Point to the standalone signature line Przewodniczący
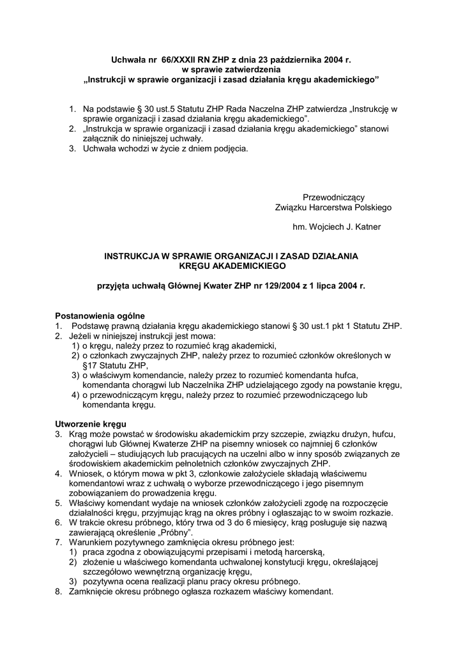click(x=333, y=197)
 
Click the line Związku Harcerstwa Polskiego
click(x=333, y=208)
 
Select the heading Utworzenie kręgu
click(x=91, y=424)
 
